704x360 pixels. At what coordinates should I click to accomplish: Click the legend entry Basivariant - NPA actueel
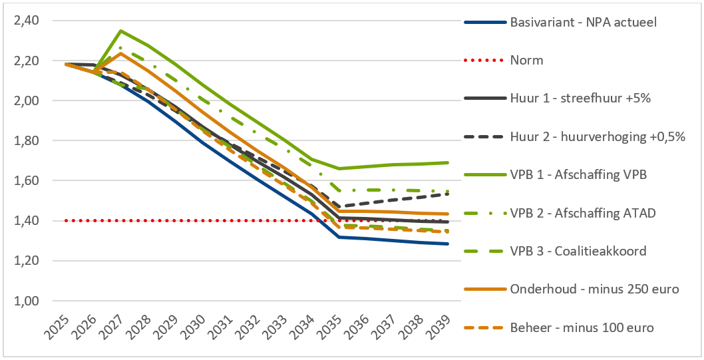tap(584, 22)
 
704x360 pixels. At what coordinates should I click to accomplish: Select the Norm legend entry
tap(527, 61)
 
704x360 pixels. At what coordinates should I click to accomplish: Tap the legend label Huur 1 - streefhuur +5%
tap(580, 98)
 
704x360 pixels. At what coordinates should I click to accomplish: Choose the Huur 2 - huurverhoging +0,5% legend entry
tap(598, 137)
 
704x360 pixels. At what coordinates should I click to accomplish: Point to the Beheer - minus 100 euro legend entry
tap(582, 327)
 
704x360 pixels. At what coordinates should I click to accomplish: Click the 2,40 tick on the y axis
tap(26, 21)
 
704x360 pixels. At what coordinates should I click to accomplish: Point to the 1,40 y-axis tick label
tap(26, 221)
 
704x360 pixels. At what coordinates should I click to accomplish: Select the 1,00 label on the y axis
tap(26, 301)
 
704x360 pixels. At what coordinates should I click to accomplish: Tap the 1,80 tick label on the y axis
tap(26, 141)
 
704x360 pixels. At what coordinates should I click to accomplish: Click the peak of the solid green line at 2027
tap(120, 31)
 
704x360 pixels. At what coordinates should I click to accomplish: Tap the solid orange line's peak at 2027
tap(120, 53)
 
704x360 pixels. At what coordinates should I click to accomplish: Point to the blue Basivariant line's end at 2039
tap(448, 244)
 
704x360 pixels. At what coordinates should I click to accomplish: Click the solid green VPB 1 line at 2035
tap(339, 168)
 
